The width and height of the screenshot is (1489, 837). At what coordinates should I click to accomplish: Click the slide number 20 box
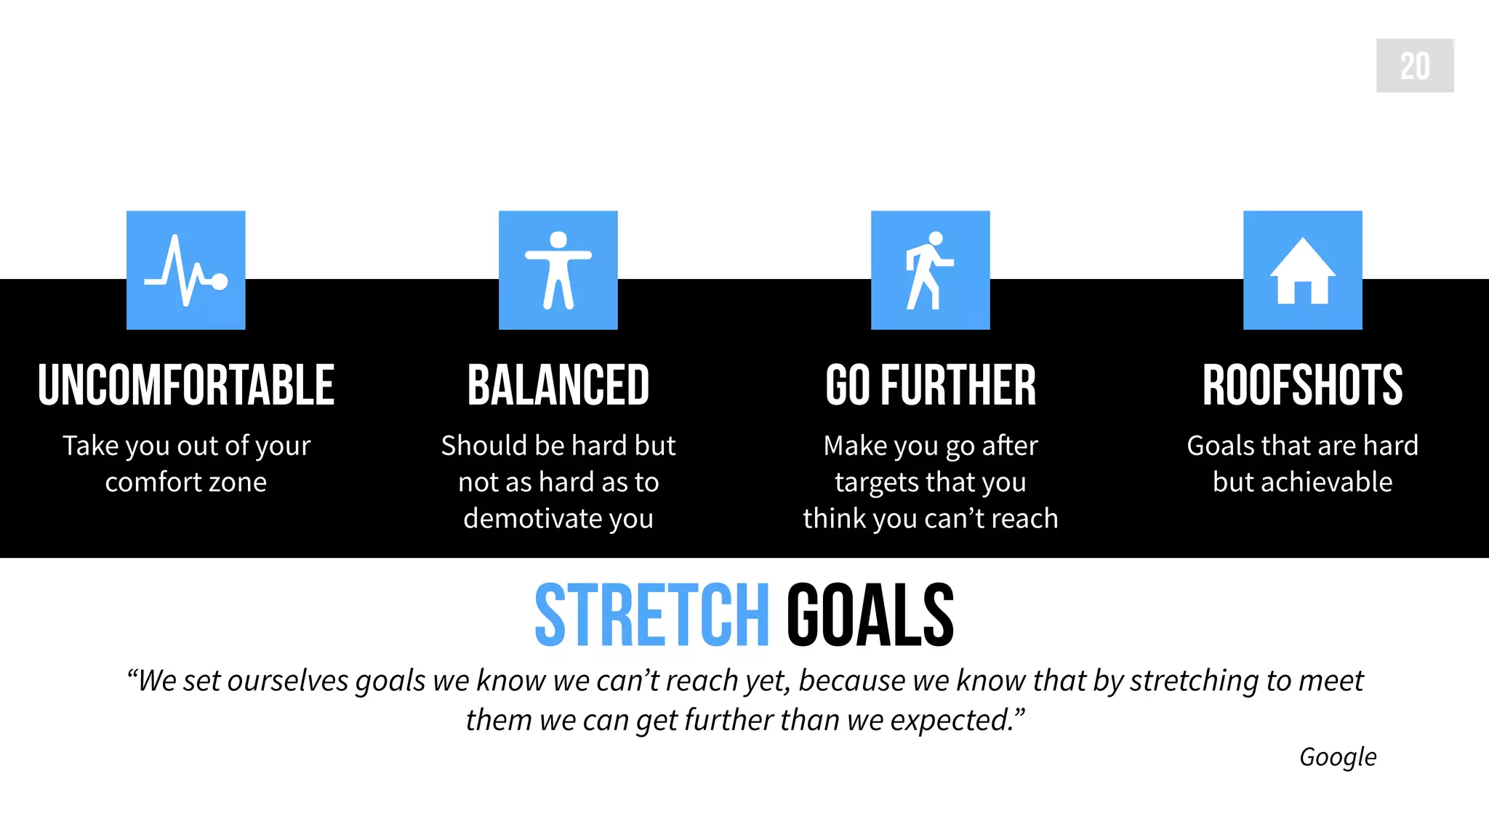tap(1414, 65)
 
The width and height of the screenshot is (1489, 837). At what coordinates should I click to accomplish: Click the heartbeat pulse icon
tap(186, 270)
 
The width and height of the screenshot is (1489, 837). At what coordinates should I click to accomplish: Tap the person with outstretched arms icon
tap(558, 270)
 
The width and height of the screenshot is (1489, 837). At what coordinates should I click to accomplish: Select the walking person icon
tap(929, 270)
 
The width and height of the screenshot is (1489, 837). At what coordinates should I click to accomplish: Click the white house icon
tap(1302, 272)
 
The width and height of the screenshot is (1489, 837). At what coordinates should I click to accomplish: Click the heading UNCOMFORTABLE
tap(186, 385)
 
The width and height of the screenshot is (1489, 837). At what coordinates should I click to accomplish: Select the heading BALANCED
tap(558, 385)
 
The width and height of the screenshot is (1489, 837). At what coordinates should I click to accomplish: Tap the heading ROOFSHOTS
tap(1302, 385)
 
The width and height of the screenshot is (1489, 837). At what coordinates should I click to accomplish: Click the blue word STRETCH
tap(652, 615)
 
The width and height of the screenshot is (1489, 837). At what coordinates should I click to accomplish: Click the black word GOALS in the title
tap(870, 615)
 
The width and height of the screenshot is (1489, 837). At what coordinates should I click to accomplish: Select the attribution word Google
tap(1337, 757)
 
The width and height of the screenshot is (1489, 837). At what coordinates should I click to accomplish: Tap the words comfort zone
tap(186, 482)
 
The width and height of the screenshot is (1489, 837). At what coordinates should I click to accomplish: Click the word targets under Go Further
tap(877, 482)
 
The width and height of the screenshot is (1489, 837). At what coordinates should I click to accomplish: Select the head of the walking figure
tap(936, 238)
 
